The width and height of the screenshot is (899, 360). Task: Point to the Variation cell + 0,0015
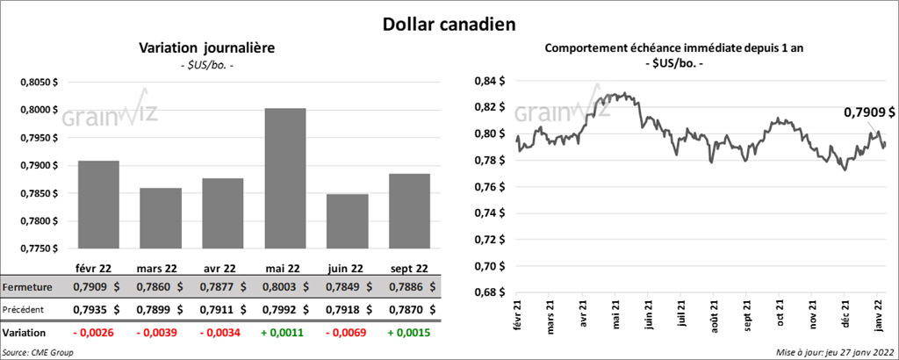pos(399,334)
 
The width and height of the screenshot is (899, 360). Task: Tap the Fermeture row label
pos(28,287)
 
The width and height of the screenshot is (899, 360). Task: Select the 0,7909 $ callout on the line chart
pos(869,112)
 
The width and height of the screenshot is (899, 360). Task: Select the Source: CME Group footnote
pos(38,352)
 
